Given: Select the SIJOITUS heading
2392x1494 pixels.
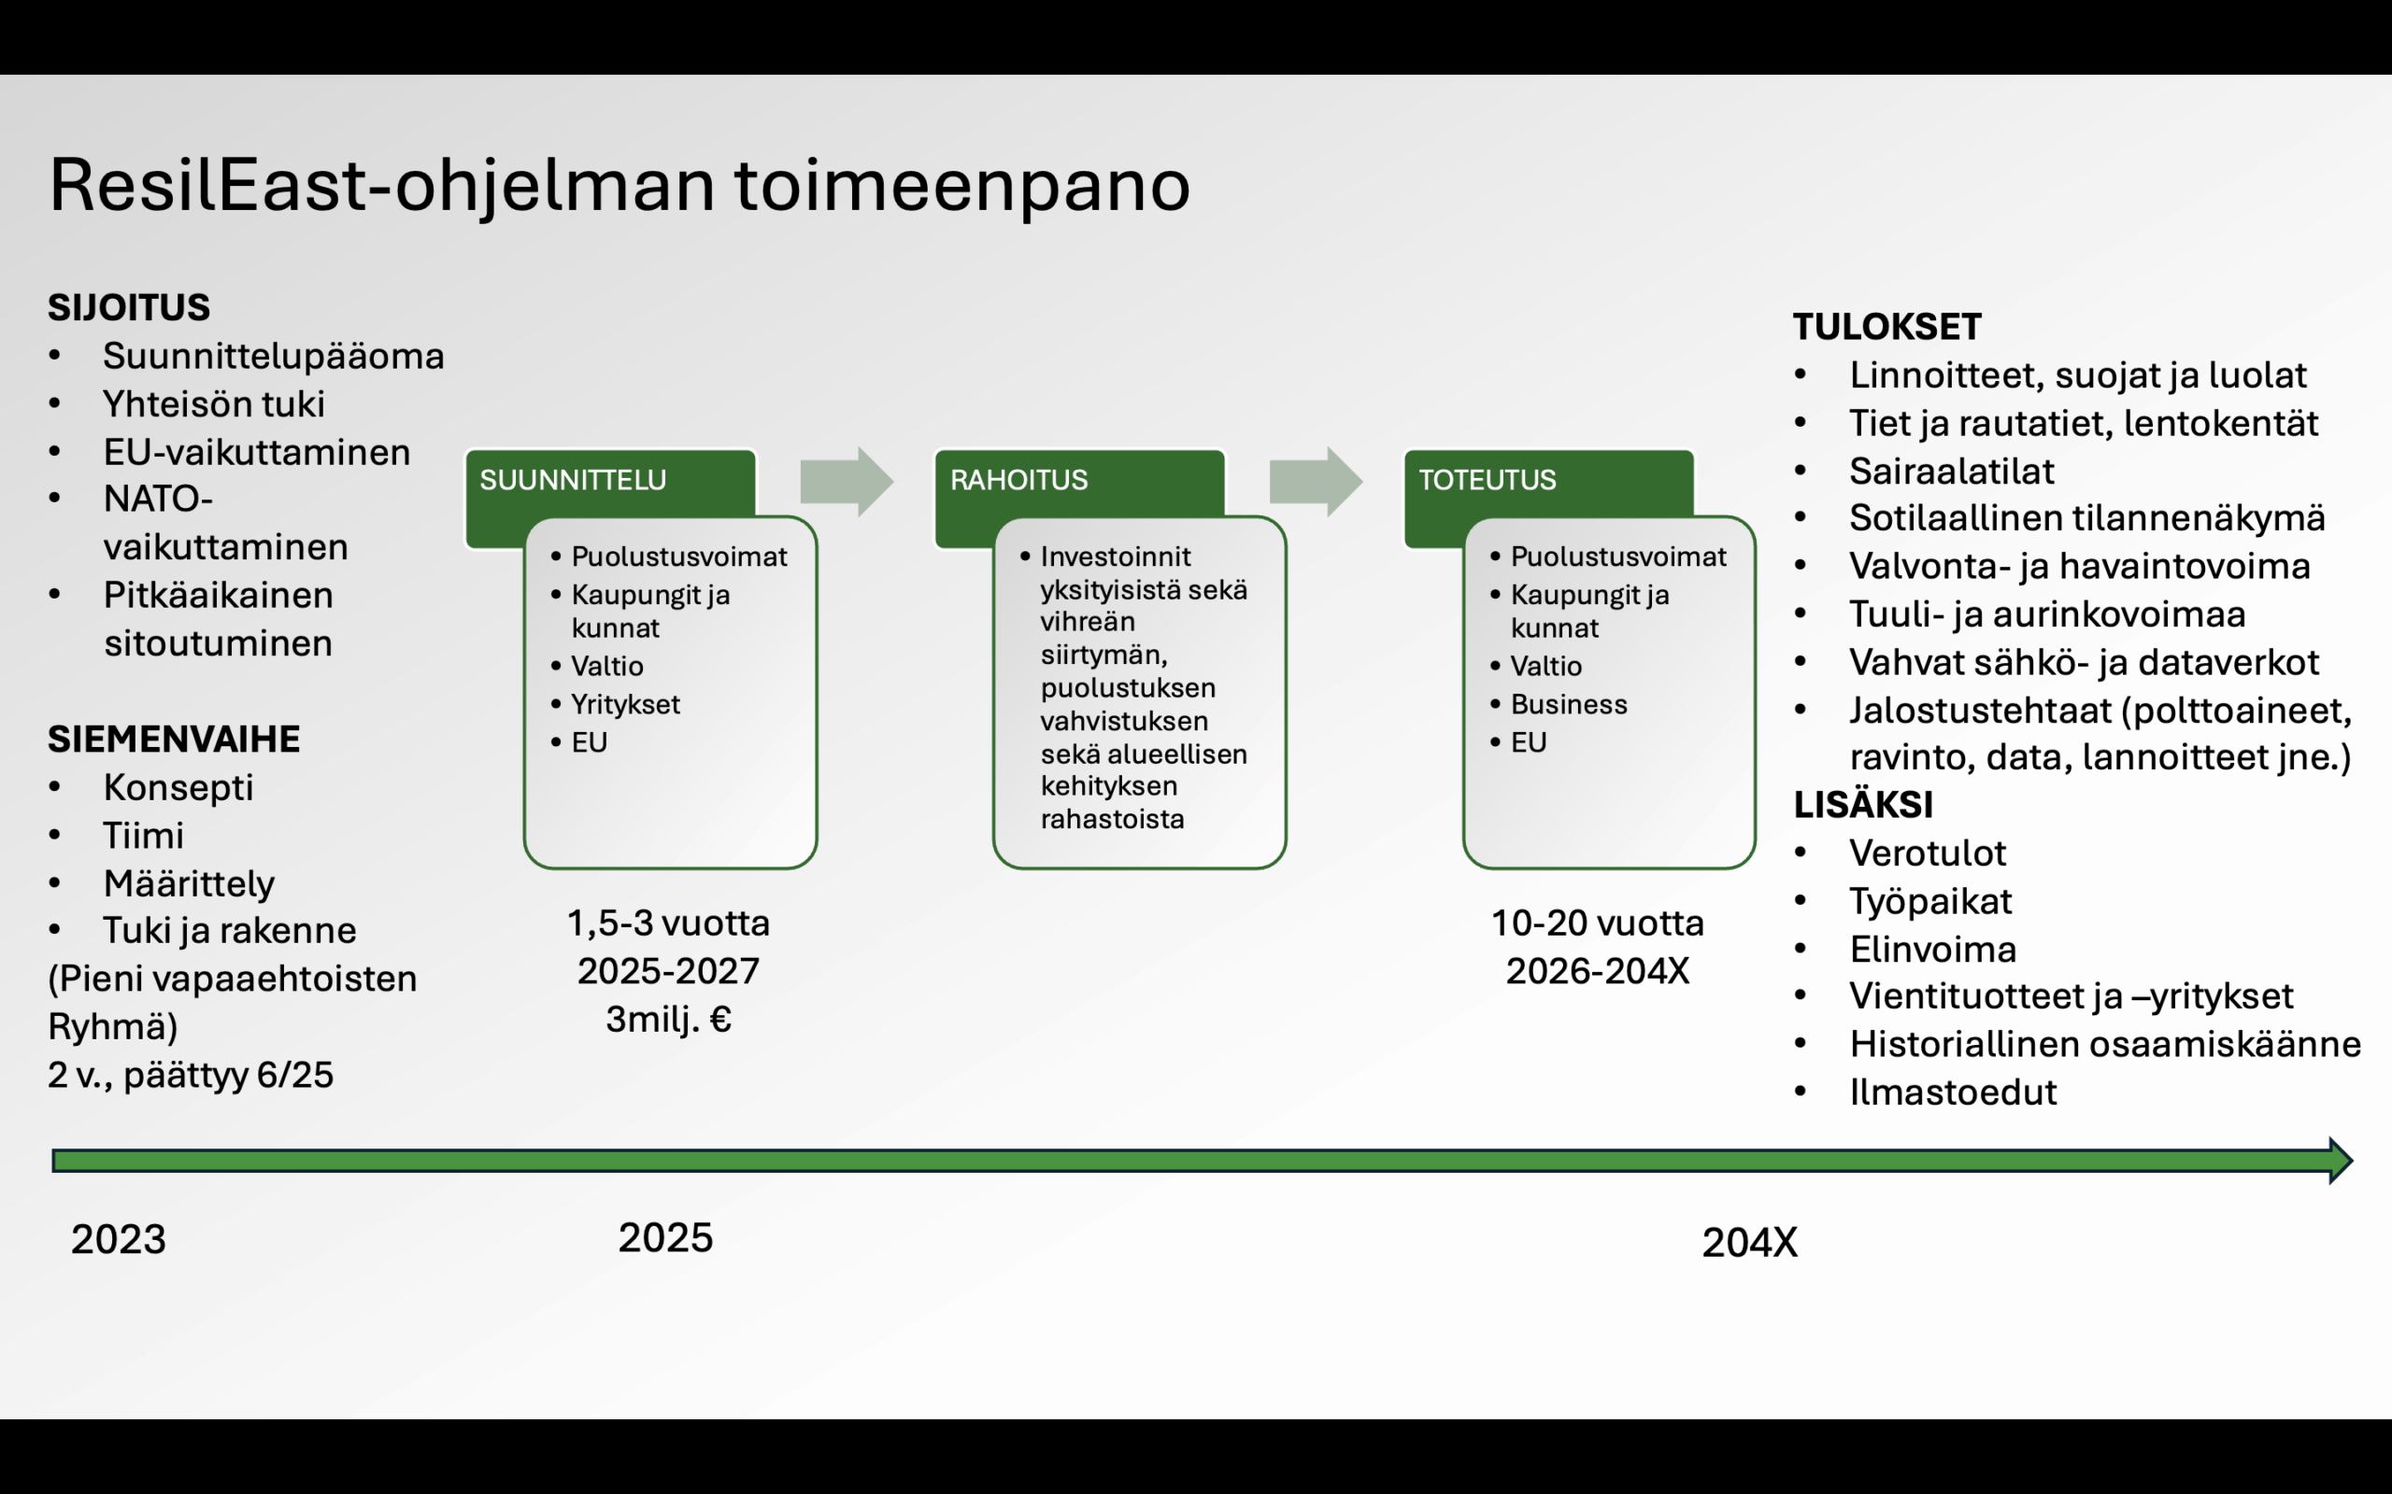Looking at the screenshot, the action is pos(129,307).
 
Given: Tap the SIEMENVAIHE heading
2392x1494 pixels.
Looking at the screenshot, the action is pos(173,740).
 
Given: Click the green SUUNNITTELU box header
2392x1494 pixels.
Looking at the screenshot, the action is pos(610,481).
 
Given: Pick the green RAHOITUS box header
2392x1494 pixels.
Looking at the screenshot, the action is pos(1079,481).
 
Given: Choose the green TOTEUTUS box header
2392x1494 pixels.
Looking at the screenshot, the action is pos(1548,481).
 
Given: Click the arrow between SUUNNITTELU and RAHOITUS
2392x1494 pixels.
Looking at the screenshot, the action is pos(847,481).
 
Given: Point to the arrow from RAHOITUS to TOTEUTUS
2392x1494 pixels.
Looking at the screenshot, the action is pos(1316,481).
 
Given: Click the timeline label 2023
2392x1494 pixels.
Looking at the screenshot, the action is pos(119,1239).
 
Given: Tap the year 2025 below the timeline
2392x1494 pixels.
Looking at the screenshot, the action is pos(665,1237).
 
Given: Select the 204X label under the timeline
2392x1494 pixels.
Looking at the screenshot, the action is pos(1749,1242).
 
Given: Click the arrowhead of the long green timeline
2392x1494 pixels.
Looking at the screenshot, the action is pos(2342,1160).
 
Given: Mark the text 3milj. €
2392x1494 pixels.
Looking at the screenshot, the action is pos(668,1019).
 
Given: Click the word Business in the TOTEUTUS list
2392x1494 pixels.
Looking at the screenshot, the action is pos(1569,703).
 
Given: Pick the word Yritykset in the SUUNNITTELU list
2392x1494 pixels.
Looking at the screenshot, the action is pos(626,703).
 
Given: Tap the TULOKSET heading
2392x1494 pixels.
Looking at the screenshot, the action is pos(1887,327).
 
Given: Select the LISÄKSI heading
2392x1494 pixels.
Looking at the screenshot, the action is pos(1863,804).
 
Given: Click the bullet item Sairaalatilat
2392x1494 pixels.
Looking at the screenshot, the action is pos(1951,471).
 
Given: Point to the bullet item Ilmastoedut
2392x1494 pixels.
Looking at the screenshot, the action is pos(1952,1092).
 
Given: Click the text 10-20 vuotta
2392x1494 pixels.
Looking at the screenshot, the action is pos(1597,923).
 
